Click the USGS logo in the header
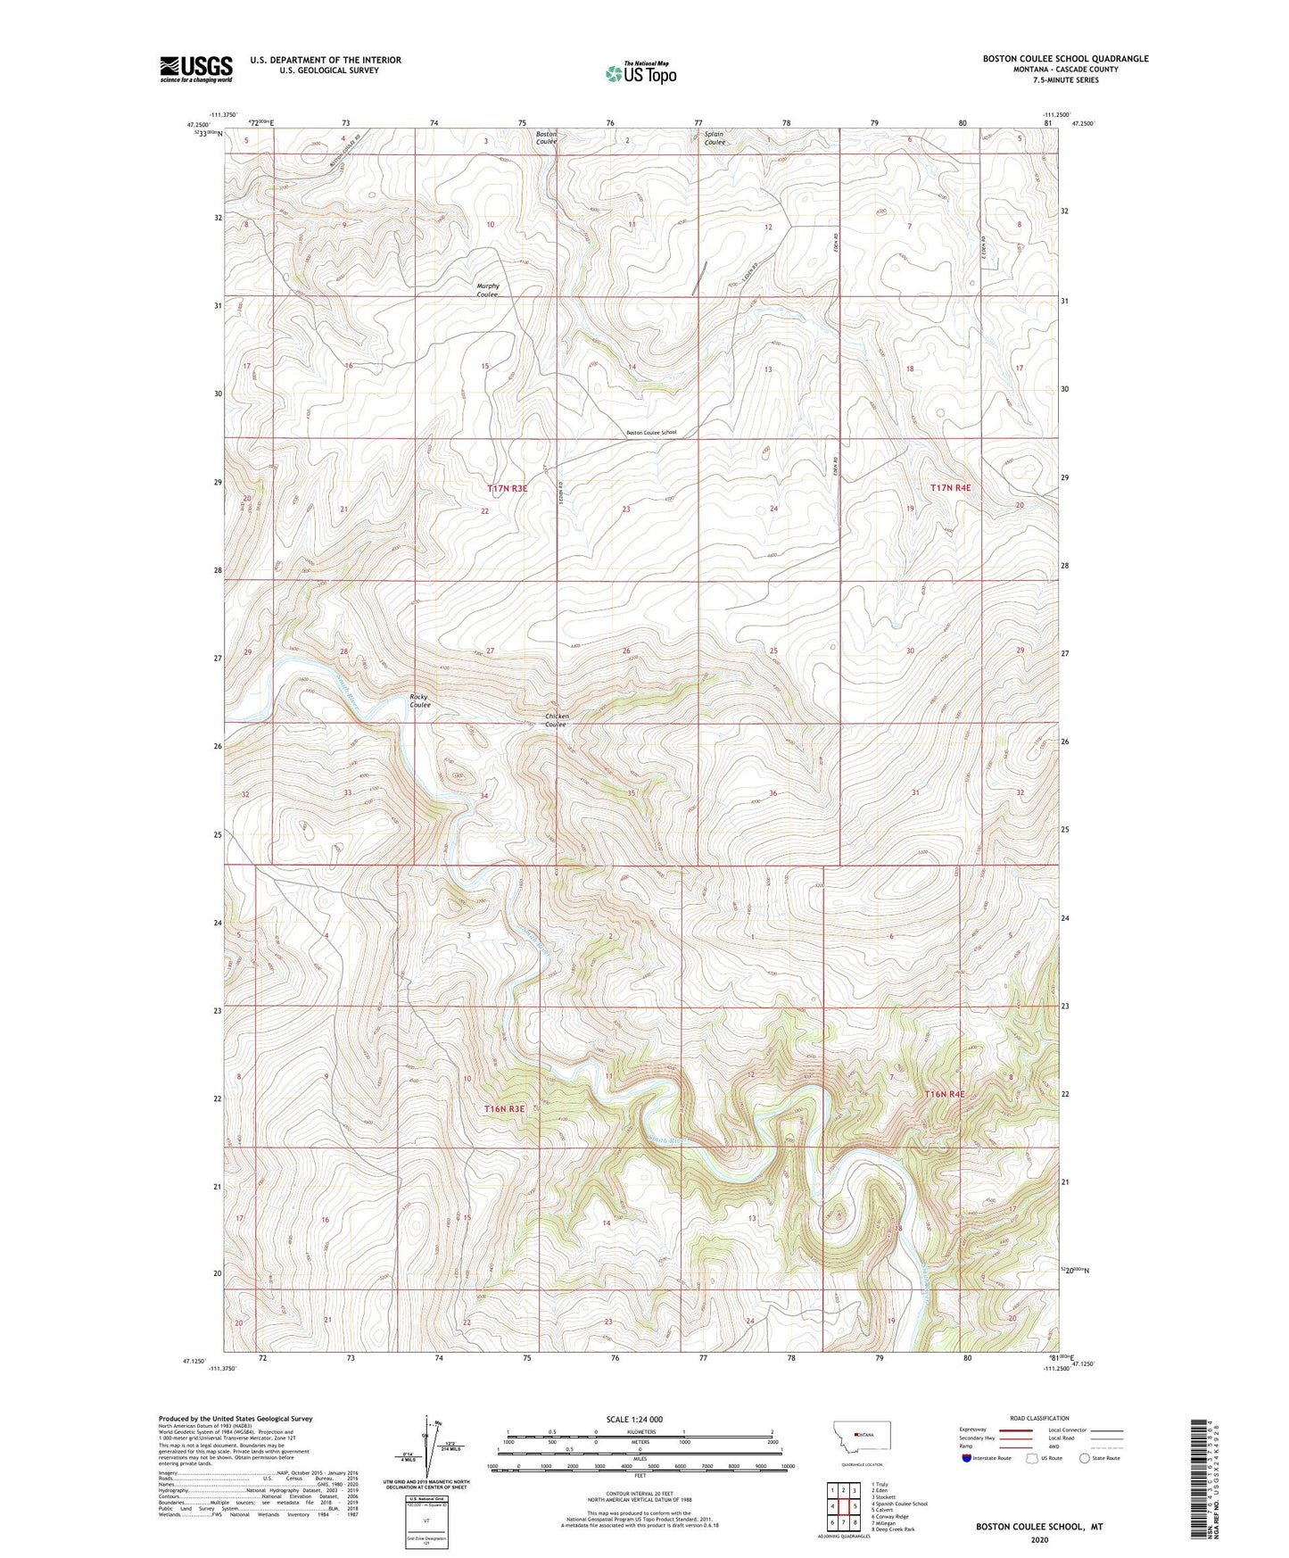pyautogui.click(x=196, y=69)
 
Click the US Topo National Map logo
pyautogui.click(x=640, y=73)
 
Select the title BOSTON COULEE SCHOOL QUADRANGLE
pyautogui.click(x=1065, y=59)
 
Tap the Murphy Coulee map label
pyautogui.click(x=487, y=290)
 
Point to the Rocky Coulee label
pyautogui.click(x=419, y=701)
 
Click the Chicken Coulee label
pyautogui.click(x=556, y=720)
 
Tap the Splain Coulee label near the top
pyautogui.click(x=714, y=138)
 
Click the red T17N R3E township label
pyautogui.click(x=507, y=488)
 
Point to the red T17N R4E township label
pyautogui.click(x=949, y=488)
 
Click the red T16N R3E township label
pyautogui.click(x=504, y=1108)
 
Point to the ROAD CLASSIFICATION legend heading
pyautogui.click(x=1039, y=1418)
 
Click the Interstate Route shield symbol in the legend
pyautogui.click(x=968, y=1458)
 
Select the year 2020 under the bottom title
pyautogui.click(x=1039, y=1540)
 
